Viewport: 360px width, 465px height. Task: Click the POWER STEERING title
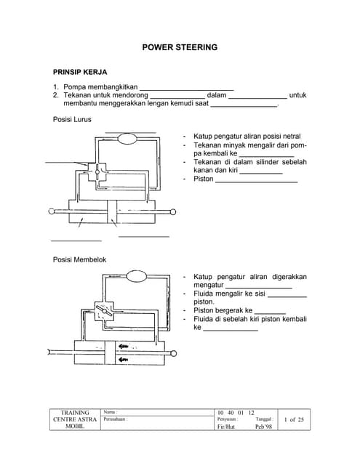click(x=180, y=47)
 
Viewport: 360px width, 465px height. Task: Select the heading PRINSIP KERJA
click(x=80, y=73)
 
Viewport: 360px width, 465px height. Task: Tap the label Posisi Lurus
click(x=73, y=119)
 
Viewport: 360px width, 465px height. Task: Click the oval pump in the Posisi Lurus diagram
click(x=130, y=138)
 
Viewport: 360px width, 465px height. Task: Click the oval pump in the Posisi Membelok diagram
click(x=137, y=276)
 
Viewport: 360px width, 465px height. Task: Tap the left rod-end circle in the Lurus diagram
click(x=51, y=212)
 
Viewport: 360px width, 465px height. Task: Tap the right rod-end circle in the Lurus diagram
click(x=173, y=212)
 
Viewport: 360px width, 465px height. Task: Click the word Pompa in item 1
click(x=76, y=87)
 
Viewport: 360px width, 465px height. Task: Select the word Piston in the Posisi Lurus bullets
click(x=203, y=179)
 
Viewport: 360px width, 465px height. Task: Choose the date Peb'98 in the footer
click(x=263, y=426)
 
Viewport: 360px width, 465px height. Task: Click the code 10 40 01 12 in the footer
click(x=236, y=412)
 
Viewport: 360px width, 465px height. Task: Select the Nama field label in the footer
click(x=111, y=412)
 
